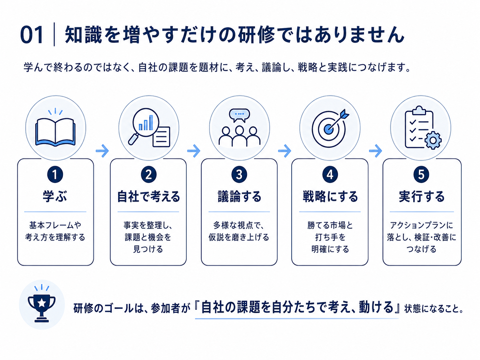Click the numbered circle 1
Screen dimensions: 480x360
(x=55, y=175)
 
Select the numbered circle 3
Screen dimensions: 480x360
(x=239, y=175)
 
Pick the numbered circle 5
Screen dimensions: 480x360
(x=421, y=175)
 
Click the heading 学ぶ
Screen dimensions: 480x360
(x=55, y=196)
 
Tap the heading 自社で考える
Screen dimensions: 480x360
(x=149, y=196)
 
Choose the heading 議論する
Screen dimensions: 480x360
(x=239, y=196)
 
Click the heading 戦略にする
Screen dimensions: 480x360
(x=330, y=196)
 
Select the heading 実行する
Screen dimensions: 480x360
(x=422, y=196)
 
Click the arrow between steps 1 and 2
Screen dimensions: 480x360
(x=102, y=150)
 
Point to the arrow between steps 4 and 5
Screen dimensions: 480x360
(x=376, y=150)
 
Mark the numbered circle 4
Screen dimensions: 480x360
(x=330, y=175)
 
